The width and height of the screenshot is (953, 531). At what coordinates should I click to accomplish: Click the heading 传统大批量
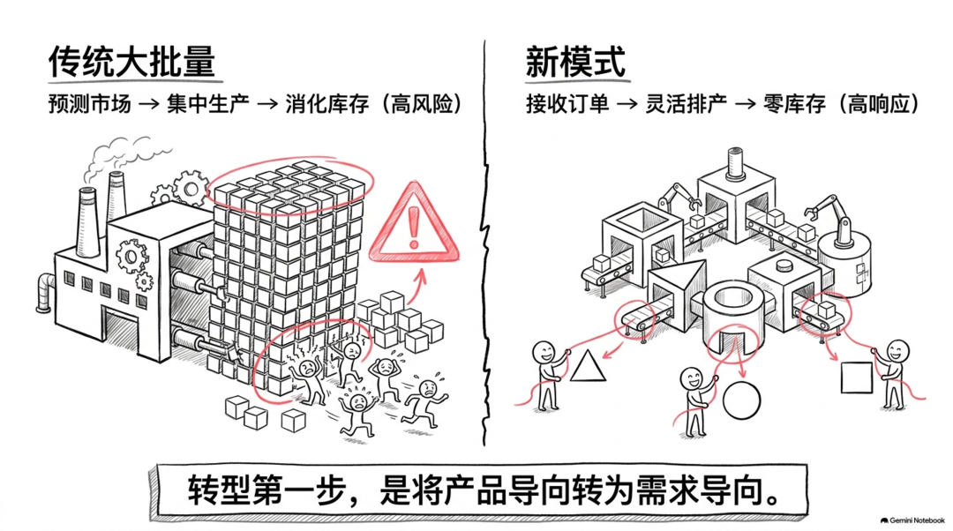coord(131,62)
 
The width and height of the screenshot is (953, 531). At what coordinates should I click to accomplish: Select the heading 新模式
coord(575,62)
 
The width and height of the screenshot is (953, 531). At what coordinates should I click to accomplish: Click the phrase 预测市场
coord(89,104)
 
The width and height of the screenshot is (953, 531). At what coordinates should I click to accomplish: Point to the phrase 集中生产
coord(208,104)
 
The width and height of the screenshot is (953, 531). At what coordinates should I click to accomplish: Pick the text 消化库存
coord(327,104)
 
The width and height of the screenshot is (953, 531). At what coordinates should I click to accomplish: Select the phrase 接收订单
coord(567,104)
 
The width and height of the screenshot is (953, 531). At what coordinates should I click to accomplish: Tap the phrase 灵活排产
coord(686,104)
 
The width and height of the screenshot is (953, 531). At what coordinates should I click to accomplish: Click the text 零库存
coord(794,104)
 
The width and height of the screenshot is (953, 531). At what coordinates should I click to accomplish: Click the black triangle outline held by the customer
coord(588,366)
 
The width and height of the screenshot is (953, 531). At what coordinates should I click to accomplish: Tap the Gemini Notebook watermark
coord(912,520)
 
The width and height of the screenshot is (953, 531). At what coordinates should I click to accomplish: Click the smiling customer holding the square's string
coord(895,373)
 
